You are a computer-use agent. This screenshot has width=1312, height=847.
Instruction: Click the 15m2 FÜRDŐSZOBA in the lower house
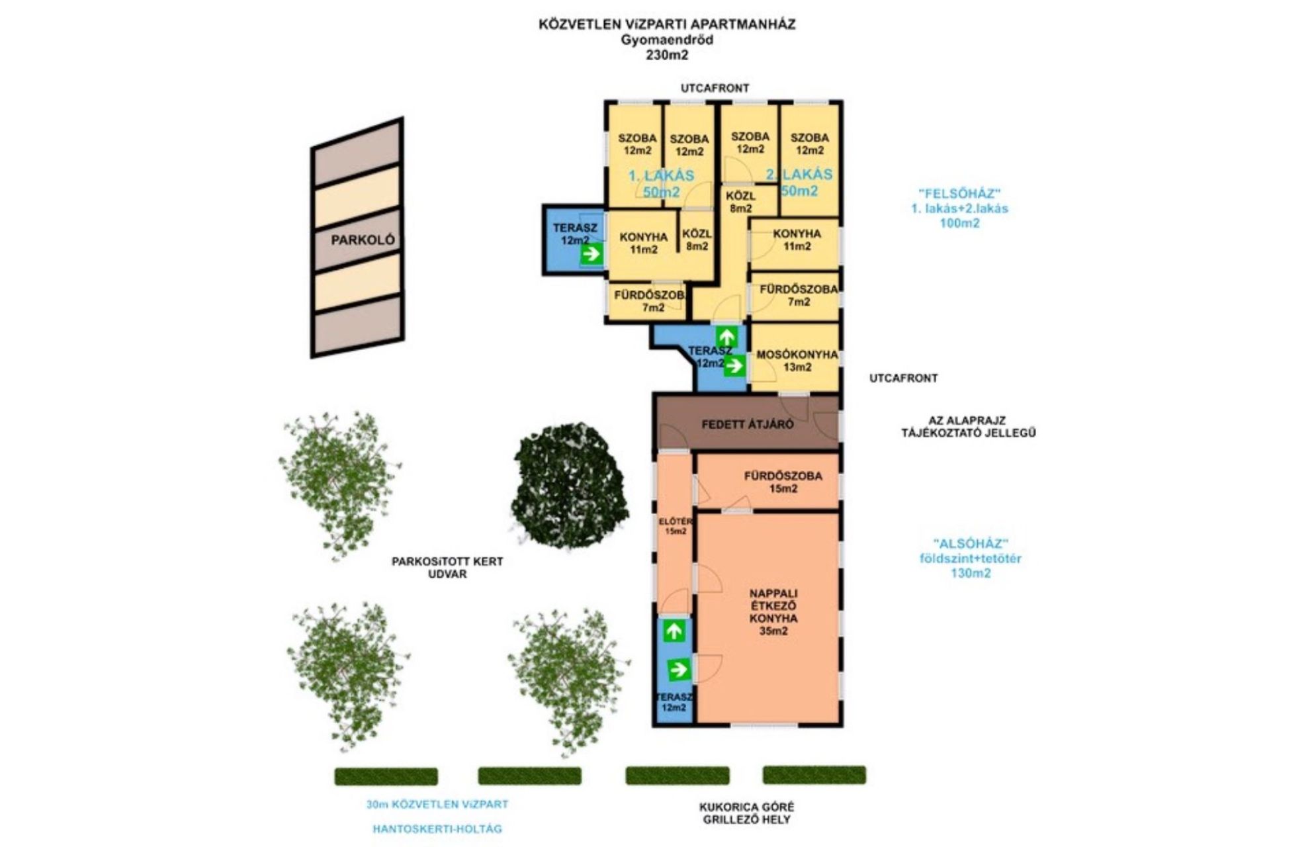tap(768, 481)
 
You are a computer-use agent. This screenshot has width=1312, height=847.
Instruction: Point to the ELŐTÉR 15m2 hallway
tap(674, 533)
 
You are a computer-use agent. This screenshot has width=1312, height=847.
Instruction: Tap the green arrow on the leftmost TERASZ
tap(591, 253)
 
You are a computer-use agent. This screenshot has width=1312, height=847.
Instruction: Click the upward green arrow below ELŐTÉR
tap(674, 631)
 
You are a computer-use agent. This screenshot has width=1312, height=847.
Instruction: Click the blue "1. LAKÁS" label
tap(661, 175)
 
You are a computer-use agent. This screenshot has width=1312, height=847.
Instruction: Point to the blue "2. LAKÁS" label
tap(799, 174)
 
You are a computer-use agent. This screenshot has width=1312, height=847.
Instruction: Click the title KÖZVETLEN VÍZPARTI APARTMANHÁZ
tap(667, 24)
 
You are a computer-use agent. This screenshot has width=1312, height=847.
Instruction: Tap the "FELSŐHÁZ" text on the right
tap(959, 194)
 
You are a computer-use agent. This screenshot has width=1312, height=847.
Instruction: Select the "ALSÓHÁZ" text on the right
tap(971, 543)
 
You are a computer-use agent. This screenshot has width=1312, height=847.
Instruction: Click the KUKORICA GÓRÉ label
tap(747, 807)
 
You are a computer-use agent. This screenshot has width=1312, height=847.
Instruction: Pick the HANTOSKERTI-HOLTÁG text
tap(437, 828)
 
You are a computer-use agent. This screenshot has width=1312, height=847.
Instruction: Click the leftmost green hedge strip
tap(386, 776)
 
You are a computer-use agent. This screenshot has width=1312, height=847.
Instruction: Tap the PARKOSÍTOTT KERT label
tap(447, 561)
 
